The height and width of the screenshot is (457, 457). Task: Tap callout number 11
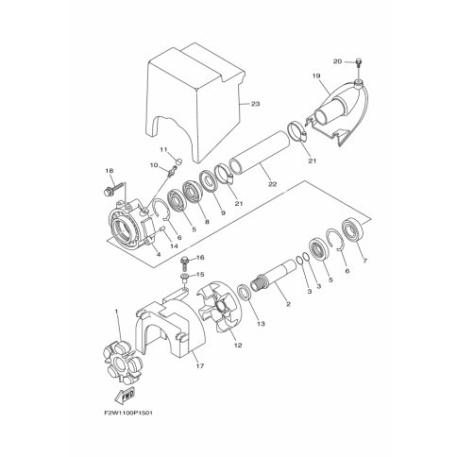162,149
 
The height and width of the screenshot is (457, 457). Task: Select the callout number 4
158,254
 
